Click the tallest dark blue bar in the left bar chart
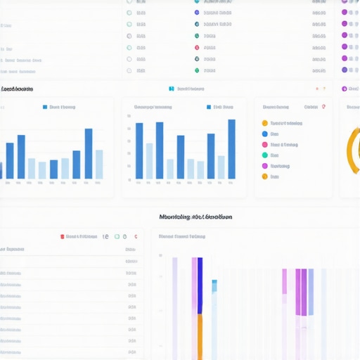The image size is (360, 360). (x=89, y=153)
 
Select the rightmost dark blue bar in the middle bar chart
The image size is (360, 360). (x=231, y=149)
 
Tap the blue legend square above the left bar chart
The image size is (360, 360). (x=46, y=108)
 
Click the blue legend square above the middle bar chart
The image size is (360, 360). (x=209, y=108)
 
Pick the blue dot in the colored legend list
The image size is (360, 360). (x=265, y=134)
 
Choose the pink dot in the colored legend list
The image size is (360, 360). (x=265, y=145)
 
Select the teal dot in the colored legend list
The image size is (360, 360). (x=265, y=155)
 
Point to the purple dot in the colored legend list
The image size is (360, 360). (x=265, y=166)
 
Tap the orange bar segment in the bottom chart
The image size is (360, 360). (x=200, y=336)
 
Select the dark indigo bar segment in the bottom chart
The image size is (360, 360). (x=200, y=285)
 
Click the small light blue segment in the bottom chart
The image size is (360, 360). (x=214, y=285)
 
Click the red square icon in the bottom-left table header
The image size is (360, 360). (x=63, y=237)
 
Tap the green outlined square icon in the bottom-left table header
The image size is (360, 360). (x=117, y=237)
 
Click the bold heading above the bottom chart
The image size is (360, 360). (x=195, y=217)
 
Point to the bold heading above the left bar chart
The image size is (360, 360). (x=17, y=89)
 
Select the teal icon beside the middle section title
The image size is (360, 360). (x=171, y=89)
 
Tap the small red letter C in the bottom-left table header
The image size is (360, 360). (x=135, y=237)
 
